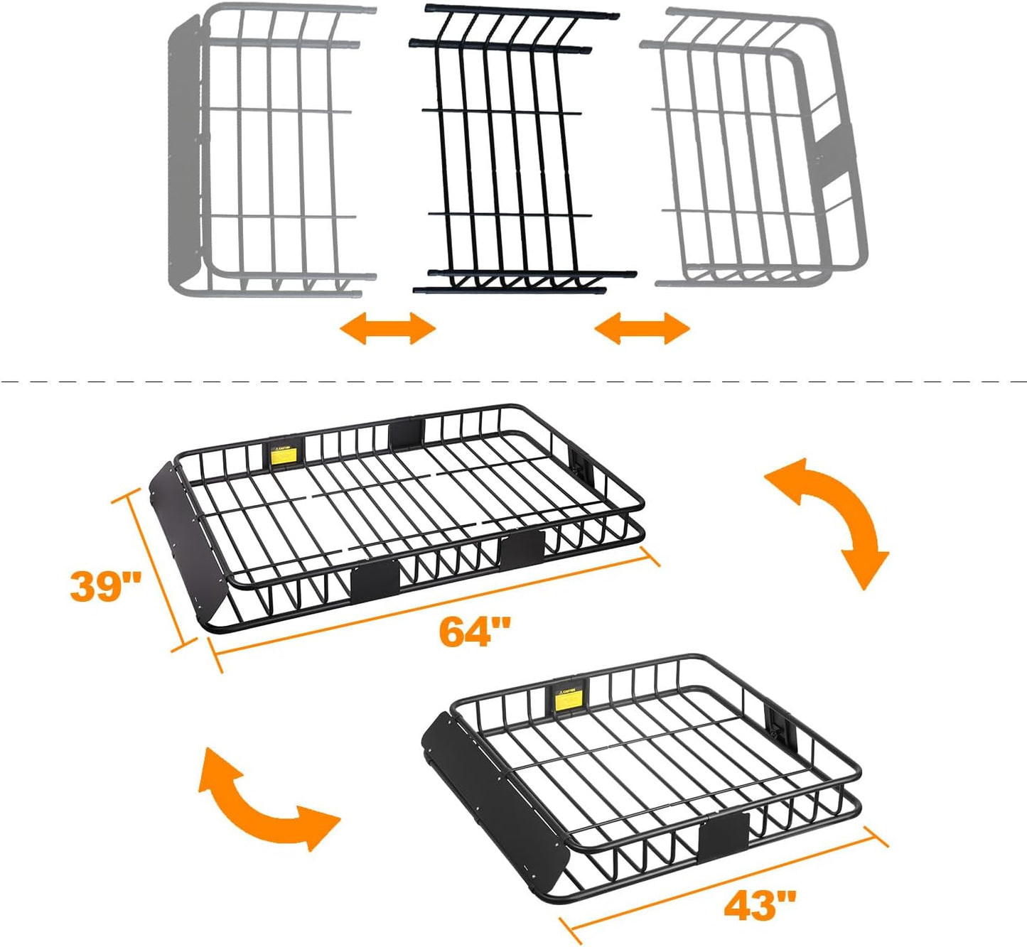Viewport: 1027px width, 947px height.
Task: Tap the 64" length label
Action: [475, 631]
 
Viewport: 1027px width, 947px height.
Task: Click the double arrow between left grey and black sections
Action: [387, 329]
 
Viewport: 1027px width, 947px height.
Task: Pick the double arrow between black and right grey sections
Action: [642, 329]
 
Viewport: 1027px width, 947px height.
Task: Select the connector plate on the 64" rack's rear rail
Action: [407, 432]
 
